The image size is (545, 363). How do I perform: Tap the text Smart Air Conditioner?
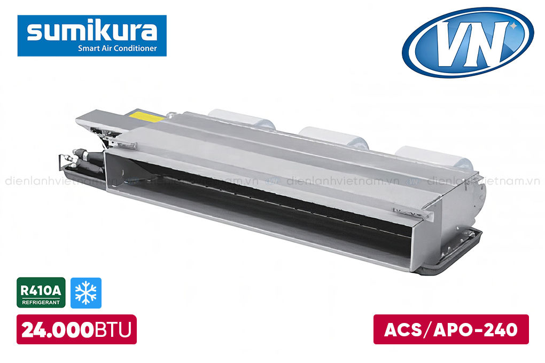[x=117, y=48]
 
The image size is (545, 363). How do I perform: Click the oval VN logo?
[x=468, y=42]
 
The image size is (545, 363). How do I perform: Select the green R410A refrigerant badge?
[x=41, y=293]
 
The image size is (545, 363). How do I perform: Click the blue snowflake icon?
[x=86, y=293]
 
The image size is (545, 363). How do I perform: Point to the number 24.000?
[x=58, y=330]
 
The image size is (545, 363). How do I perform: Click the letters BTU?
[x=113, y=330]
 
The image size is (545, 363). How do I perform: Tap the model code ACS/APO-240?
[x=451, y=330]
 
